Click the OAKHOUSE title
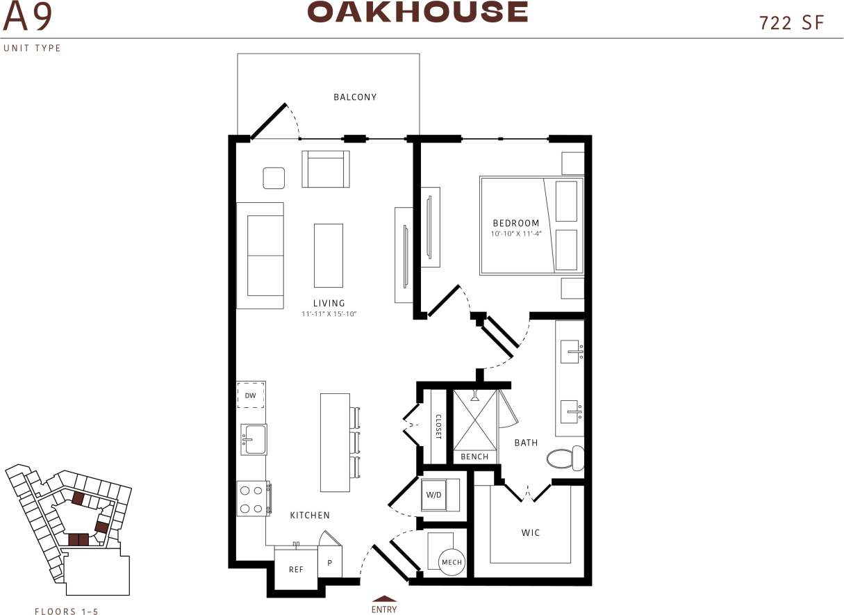click(x=417, y=12)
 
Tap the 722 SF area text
click(x=792, y=23)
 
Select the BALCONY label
click(x=355, y=97)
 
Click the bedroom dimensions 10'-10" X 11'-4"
click(x=515, y=233)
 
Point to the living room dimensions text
click(x=329, y=314)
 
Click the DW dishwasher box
click(x=251, y=395)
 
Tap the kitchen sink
click(x=254, y=439)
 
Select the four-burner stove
click(x=254, y=498)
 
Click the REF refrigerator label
click(x=296, y=569)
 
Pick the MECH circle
click(x=451, y=562)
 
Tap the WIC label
click(x=531, y=533)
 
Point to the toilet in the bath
click(x=565, y=458)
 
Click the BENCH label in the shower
click(x=474, y=457)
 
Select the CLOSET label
click(x=438, y=427)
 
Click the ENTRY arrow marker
click(x=384, y=598)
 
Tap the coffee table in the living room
click(x=328, y=255)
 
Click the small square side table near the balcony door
click(x=274, y=178)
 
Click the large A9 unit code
click(x=27, y=18)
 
